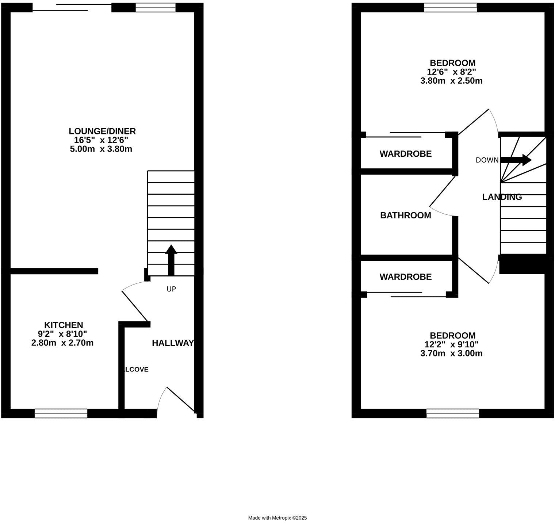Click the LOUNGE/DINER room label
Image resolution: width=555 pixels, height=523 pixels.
click(102, 131)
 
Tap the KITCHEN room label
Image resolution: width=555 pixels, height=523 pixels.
click(64, 325)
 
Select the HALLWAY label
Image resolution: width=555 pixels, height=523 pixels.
click(173, 343)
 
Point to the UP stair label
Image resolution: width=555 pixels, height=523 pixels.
click(171, 289)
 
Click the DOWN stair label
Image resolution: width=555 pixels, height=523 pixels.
click(487, 160)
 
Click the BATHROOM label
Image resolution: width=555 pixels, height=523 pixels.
click(405, 215)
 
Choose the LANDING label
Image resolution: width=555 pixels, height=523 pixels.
click(502, 197)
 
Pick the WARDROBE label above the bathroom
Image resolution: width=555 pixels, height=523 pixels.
click(405, 154)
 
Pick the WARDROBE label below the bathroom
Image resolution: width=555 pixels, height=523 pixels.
click(405, 277)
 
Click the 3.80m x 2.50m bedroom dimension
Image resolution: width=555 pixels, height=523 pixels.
click(451, 81)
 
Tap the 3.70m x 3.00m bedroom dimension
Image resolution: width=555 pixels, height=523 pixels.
click(451, 353)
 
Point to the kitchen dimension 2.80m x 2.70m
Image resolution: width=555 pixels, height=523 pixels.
click(62, 343)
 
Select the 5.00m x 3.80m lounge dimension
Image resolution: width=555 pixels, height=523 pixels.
click(101, 149)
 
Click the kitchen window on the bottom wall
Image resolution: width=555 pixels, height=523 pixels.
click(61, 413)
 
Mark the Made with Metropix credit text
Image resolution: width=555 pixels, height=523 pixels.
click(277, 518)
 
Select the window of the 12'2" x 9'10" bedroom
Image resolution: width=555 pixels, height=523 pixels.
click(452, 413)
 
